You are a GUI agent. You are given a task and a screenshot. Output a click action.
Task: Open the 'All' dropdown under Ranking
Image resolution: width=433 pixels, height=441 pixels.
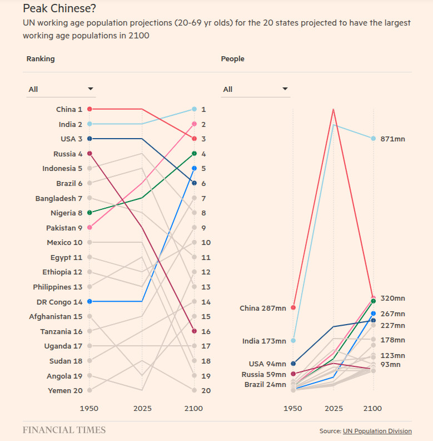click(61, 89)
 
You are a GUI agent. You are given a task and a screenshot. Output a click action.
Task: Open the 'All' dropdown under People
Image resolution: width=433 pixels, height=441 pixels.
click(255, 89)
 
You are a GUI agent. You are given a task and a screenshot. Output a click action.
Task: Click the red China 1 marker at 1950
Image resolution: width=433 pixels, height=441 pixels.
click(89, 109)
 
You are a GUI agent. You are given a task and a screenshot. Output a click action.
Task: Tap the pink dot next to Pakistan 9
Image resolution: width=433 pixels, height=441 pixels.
click(89, 227)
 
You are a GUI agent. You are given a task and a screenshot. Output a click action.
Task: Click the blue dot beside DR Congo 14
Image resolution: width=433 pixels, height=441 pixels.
click(89, 301)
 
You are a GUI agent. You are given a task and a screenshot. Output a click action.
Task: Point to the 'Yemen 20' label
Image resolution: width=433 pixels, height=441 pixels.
click(64, 390)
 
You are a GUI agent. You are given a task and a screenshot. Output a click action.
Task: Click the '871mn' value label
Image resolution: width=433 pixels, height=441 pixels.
click(392, 139)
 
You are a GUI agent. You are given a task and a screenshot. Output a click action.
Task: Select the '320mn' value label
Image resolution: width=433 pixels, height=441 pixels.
click(392, 298)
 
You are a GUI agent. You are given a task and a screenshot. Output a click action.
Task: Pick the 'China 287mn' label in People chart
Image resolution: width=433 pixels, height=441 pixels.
click(262, 308)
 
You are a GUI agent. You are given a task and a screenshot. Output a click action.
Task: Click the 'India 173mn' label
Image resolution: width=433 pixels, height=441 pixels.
click(264, 341)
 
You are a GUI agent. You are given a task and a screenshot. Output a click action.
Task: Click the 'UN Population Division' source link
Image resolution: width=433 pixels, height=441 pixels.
click(377, 431)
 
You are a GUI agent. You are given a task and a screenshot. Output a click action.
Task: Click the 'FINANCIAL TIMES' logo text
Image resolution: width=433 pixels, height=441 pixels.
click(64, 430)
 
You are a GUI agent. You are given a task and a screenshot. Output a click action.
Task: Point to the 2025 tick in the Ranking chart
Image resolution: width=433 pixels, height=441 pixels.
click(142, 408)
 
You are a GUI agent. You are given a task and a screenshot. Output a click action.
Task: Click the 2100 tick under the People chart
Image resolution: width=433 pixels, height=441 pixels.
click(372, 408)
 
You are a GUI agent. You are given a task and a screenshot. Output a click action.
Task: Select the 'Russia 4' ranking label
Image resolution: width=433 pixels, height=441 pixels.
click(68, 154)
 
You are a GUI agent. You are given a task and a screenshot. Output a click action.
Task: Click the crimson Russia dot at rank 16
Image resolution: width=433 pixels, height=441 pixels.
click(194, 331)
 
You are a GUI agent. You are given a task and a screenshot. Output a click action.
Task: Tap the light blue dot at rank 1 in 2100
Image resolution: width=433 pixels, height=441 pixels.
click(194, 109)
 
